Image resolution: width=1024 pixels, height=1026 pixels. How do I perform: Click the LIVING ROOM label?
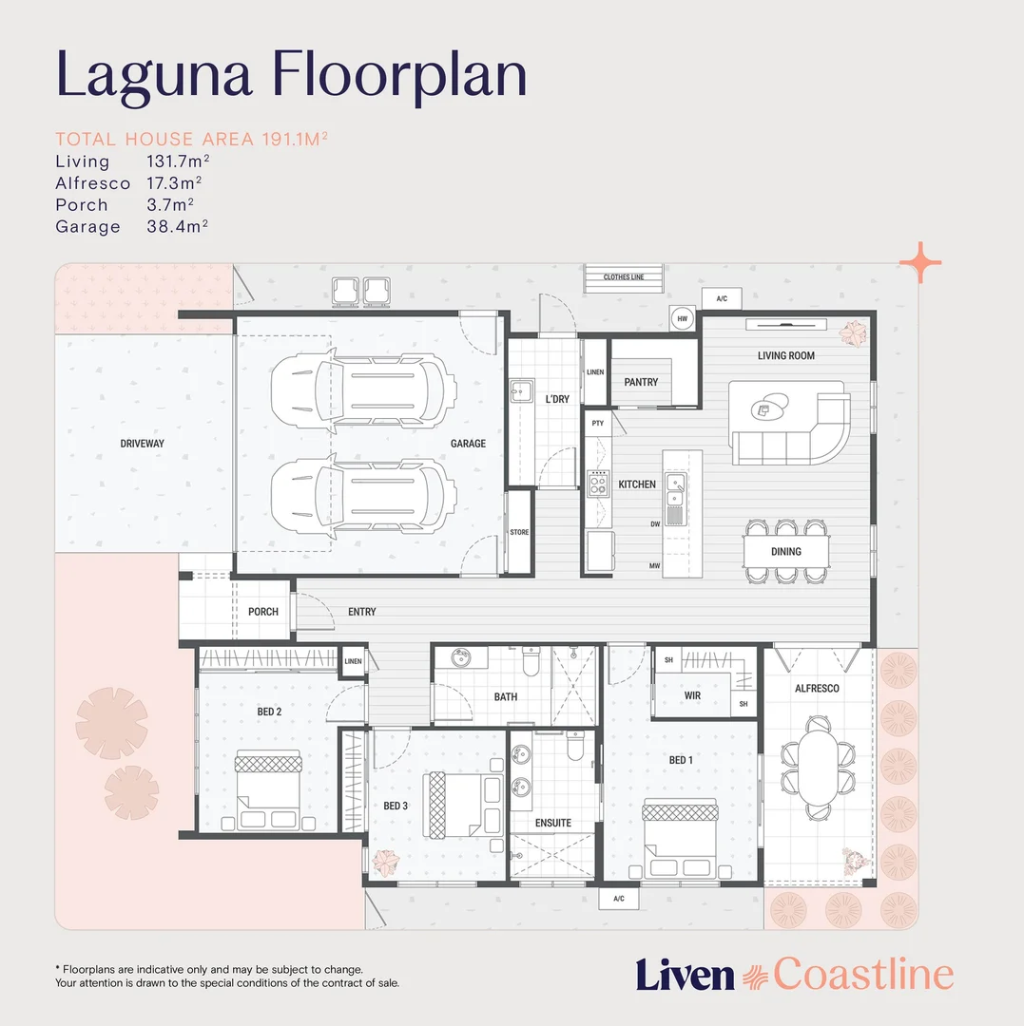click(785, 355)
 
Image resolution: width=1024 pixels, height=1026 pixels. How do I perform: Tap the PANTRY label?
click(641, 382)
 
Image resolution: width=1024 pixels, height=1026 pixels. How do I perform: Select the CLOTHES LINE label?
click(624, 277)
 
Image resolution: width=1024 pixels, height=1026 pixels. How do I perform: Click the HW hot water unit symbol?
click(682, 320)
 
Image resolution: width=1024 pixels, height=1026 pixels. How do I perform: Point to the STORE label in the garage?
click(519, 532)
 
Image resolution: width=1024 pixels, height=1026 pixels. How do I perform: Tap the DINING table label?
click(785, 551)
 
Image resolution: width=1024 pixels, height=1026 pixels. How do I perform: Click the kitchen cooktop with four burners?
click(599, 484)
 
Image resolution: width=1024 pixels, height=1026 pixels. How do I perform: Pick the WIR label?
click(692, 695)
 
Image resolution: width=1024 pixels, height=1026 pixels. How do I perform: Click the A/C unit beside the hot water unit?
click(722, 299)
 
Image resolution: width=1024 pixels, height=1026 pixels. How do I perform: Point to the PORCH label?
click(263, 612)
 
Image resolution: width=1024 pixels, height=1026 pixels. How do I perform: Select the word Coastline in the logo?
click(862, 975)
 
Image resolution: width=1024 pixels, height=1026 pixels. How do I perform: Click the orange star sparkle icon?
click(920, 262)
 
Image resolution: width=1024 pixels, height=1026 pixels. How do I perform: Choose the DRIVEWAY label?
click(143, 444)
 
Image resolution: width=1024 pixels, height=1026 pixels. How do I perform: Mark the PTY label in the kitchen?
click(598, 423)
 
